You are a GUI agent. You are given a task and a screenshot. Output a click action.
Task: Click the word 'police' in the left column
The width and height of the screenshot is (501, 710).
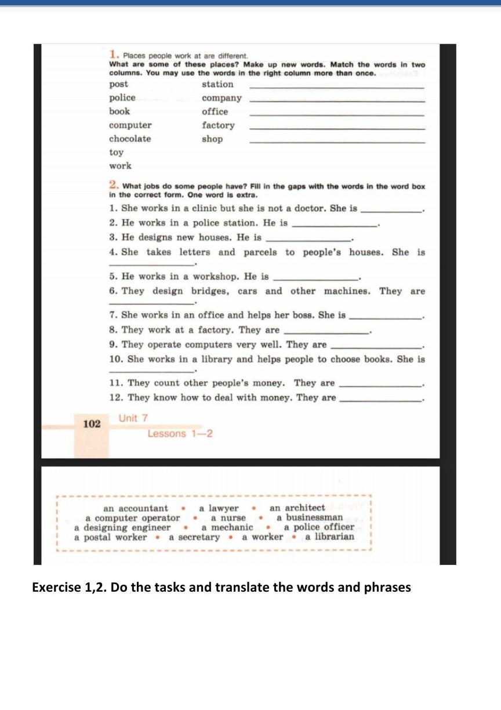[122, 98]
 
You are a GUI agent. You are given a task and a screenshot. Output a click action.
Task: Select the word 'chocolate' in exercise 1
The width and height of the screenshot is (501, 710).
[130, 139]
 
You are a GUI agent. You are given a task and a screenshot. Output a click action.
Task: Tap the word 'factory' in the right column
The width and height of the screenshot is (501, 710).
[218, 125]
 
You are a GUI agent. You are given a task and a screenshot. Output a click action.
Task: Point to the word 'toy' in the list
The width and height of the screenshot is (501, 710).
[116, 153]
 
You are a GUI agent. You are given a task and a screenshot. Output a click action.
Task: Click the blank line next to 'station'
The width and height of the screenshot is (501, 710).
[337, 88]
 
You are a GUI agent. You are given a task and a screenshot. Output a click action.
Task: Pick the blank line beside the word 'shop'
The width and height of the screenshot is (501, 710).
[337, 142]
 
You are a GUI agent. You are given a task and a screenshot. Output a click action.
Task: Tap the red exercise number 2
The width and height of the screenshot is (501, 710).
[114, 186]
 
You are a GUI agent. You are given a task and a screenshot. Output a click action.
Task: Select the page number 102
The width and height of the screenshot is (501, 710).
[92, 424]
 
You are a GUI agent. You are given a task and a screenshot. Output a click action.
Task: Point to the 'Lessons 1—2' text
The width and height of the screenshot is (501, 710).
[180, 434]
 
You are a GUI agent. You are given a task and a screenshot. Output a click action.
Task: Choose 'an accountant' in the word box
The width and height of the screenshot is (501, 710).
[136, 508]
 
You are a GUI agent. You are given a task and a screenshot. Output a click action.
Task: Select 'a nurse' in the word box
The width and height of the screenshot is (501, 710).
[228, 518]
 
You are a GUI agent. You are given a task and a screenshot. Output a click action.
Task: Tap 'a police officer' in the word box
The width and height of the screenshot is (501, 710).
[319, 527]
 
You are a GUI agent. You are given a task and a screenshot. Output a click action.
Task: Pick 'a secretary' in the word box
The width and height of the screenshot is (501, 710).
[194, 537]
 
